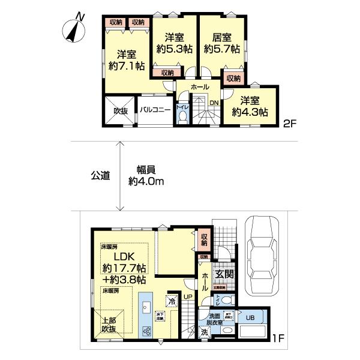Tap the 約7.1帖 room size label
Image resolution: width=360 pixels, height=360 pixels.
125,67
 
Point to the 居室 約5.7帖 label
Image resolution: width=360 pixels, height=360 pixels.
221,43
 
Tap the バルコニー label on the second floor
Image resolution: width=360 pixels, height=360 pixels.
157,110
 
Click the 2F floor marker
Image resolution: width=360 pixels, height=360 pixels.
290,125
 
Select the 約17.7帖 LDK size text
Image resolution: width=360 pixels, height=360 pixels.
123,268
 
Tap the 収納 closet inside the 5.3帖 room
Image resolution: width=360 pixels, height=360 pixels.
167,73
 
